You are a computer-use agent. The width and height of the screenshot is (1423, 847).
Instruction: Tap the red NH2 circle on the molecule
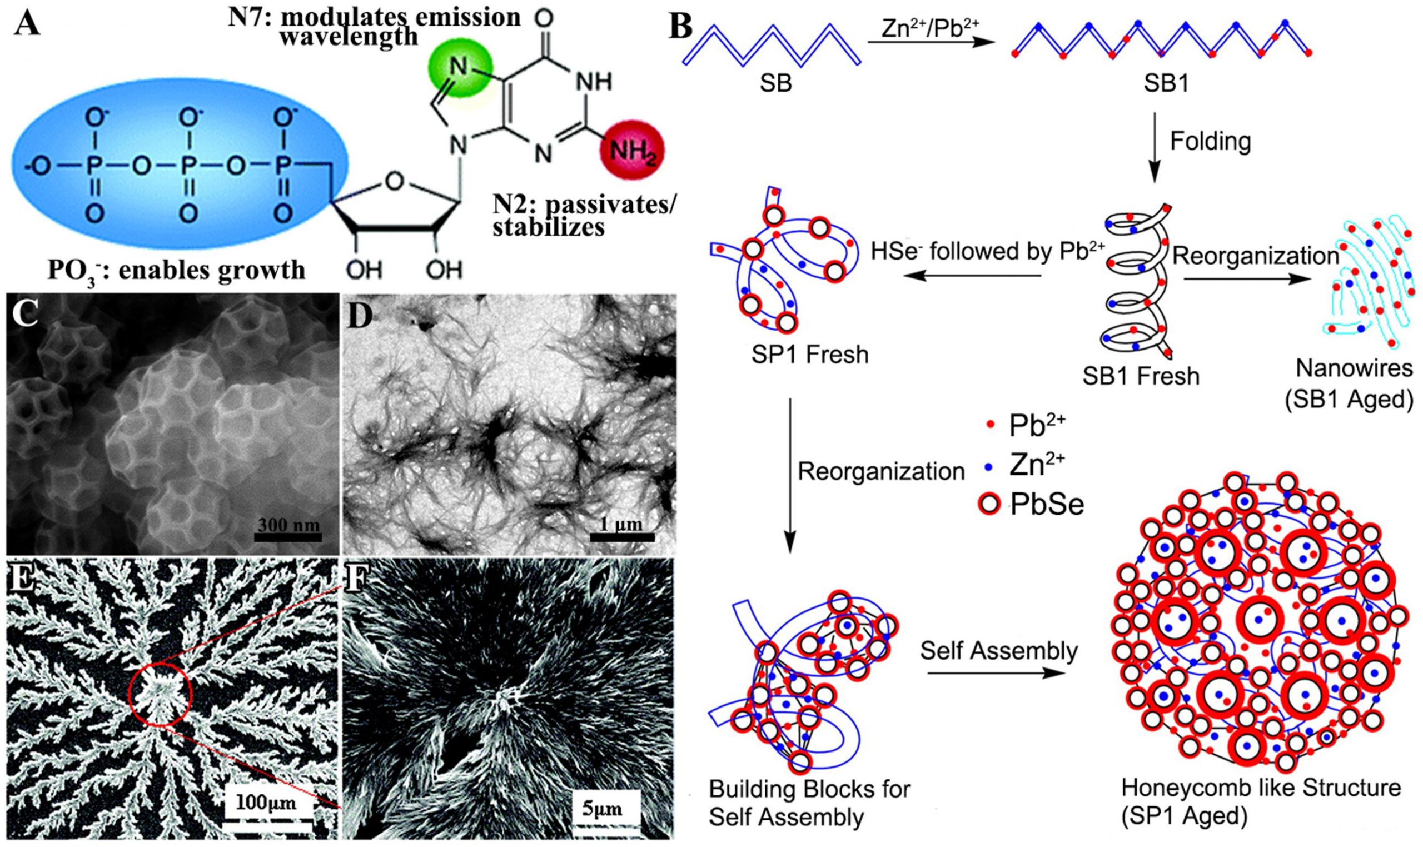point(632,151)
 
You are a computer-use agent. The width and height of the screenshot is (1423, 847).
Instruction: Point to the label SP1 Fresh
point(809,355)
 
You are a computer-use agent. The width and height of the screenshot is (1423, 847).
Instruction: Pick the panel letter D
point(360,315)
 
